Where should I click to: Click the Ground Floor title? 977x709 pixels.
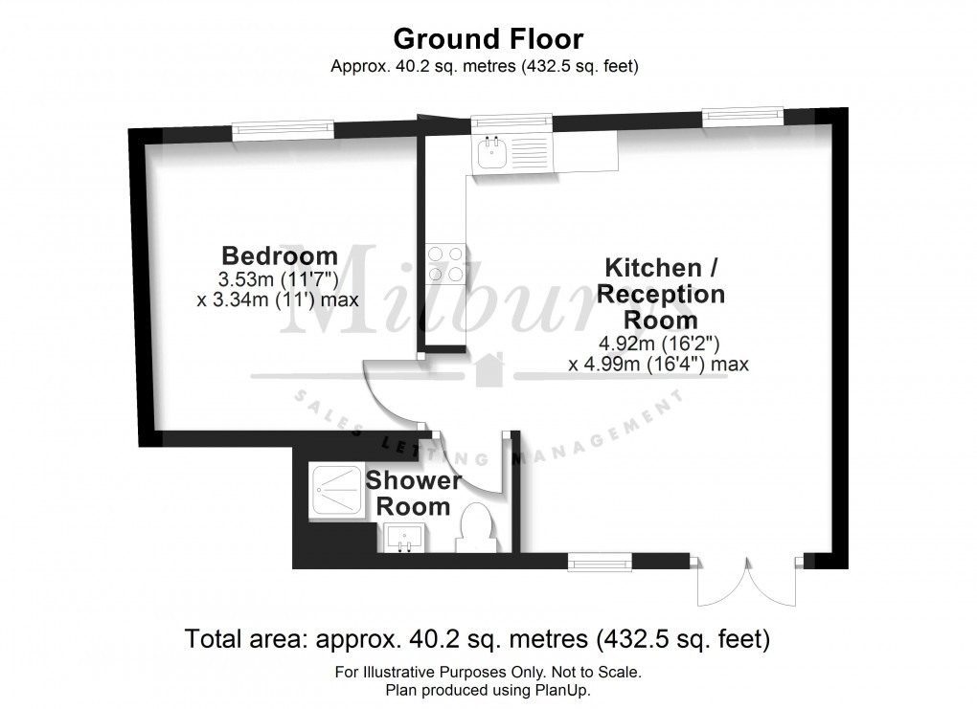(488, 39)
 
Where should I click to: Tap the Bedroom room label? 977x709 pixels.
(279, 255)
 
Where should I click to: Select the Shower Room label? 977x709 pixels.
(413, 493)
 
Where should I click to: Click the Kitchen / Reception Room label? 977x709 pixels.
(660, 292)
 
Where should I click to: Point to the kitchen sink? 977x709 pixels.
(495, 153)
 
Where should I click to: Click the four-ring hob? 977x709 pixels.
(445, 263)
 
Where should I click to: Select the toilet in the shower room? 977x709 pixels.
(476, 528)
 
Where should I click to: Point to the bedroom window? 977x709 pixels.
(284, 129)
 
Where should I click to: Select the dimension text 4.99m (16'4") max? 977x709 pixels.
(658, 364)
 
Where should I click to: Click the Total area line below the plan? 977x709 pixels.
(476, 637)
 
